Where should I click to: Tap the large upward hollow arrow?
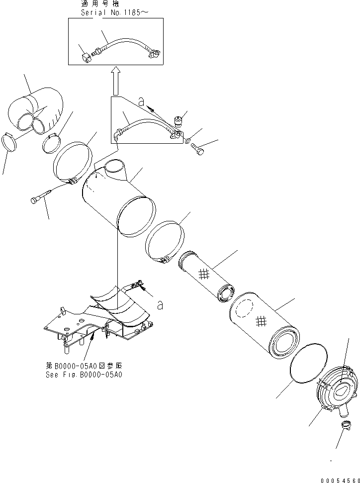[114, 81]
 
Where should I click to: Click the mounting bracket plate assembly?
[99, 318]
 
